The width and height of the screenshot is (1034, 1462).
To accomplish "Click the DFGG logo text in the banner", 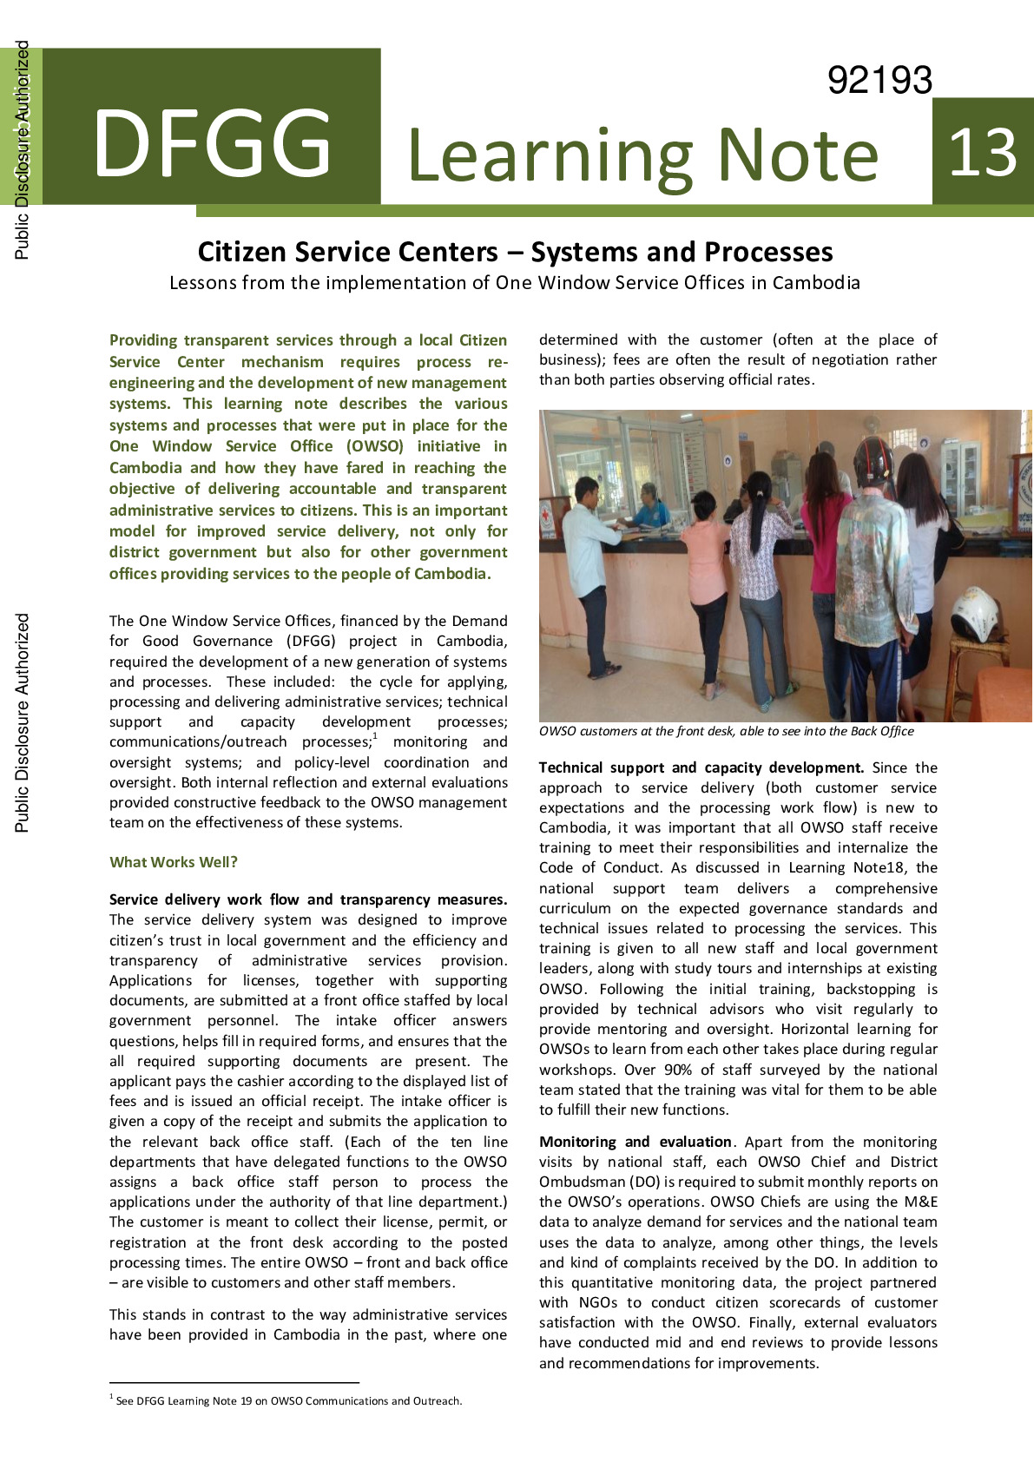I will click(212, 143).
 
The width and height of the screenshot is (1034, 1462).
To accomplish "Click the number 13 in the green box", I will click(983, 153).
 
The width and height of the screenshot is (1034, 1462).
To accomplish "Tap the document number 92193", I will click(879, 81).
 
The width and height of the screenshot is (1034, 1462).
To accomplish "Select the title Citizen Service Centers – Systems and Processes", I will click(515, 252).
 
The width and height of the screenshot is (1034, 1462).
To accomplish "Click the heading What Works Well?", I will click(174, 862).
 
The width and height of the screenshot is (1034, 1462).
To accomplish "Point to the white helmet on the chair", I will click(977, 614).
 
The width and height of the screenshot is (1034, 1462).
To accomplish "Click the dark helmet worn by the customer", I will click(873, 459).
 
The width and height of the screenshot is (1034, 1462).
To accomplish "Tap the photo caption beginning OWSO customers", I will click(726, 731).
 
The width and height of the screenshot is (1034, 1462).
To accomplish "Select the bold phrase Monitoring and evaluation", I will click(636, 1142).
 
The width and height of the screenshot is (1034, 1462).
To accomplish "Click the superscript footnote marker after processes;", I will click(375, 737).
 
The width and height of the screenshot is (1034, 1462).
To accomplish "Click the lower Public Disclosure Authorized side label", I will click(23, 722).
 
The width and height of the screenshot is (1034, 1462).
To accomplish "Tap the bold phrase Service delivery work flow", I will click(204, 899).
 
